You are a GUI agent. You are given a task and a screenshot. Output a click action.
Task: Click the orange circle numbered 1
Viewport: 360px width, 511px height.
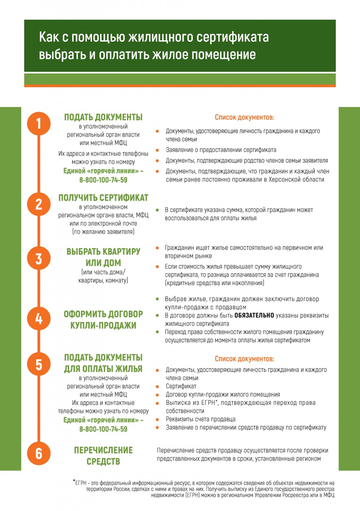(39, 123)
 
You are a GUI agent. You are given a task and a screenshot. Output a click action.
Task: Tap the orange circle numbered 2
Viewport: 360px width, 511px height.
(39, 204)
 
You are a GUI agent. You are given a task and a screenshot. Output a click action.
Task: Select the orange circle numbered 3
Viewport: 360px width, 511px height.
(39, 258)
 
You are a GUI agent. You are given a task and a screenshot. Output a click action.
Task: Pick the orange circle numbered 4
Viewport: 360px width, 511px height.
(39, 319)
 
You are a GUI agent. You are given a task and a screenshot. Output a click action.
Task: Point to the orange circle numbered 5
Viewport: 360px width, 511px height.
(39, 364)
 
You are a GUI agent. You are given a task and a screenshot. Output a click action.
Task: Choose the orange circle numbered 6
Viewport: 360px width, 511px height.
(39, 453)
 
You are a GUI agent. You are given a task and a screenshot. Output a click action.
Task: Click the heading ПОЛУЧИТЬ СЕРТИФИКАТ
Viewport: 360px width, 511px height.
(103, 198)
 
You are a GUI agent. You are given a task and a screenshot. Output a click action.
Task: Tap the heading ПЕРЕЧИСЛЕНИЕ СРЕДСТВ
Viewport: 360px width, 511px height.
(103, 455)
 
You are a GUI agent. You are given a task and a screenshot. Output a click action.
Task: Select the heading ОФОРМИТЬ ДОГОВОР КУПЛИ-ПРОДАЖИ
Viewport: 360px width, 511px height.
(103, 320)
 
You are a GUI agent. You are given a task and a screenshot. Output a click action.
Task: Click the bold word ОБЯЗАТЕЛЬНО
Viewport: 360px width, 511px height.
(254, 315)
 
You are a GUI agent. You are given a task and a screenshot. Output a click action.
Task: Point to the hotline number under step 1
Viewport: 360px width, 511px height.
(103, 180)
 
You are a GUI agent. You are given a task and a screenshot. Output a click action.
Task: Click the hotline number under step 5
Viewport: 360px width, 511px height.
(103, 429)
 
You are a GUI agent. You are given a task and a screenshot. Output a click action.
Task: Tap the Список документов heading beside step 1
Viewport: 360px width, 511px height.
(244, 117)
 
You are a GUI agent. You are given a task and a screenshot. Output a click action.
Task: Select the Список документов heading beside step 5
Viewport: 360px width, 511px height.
(244, 359)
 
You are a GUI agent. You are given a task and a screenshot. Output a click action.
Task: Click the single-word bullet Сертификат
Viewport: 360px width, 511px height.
(181, 386)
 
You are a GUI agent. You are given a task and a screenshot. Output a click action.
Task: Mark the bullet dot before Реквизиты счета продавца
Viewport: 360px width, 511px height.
(157, 419)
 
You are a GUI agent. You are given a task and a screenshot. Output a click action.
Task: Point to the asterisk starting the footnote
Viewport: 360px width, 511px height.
(74, 481)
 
